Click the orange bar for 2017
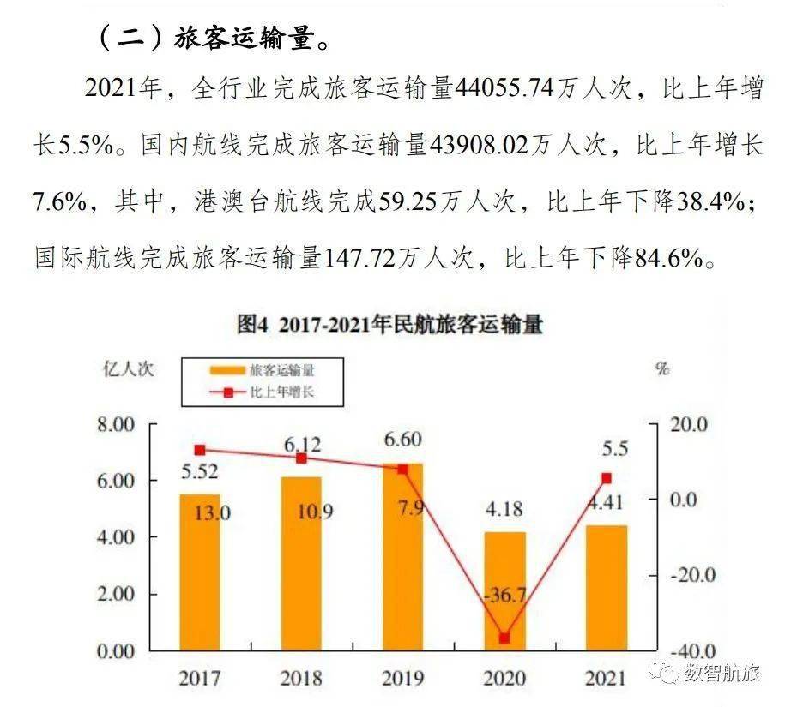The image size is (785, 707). (200, 572)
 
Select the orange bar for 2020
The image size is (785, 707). (504, 591)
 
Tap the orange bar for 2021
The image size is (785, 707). (607, 588)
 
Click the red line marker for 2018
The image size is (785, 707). (301, 458)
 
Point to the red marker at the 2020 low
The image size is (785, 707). (504, 638)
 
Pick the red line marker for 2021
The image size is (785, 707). (607, 478)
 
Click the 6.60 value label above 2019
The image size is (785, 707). (403, 440)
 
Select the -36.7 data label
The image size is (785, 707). (505, 595)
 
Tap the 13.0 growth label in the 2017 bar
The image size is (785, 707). (212, 512)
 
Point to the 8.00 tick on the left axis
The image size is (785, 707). (116, 424)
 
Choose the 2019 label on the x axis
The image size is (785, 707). (403, 678)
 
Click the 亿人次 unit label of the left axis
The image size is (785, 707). (128, 369)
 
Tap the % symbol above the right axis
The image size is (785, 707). (662, 369)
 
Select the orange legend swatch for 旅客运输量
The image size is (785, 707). (227, 370)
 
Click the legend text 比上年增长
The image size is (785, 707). (282, 392)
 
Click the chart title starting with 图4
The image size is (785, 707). (390, 325)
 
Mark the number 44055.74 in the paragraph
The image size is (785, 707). (504, 88)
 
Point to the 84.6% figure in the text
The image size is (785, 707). (669, 258)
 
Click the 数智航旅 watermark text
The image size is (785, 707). (722, 673)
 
